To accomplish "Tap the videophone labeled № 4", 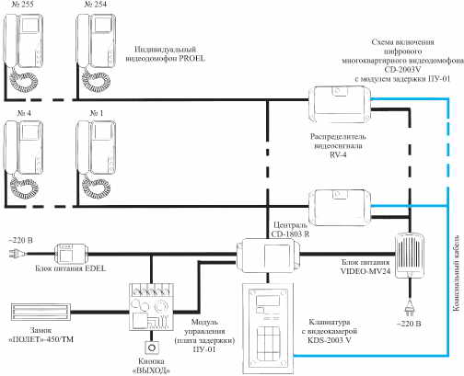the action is point(23,159).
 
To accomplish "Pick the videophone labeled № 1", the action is point(96,159).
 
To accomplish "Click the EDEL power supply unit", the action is point(71,254).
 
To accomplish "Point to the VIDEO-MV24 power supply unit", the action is point(410,256).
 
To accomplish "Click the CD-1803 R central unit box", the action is point(268,255).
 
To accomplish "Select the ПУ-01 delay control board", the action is point(151,306).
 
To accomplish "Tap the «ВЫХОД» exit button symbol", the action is point(152,348).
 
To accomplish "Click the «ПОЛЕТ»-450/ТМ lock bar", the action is point(41,312).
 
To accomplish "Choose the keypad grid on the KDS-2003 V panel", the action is point(269,344).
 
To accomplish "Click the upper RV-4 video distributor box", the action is point(340,105).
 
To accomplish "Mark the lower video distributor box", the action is point(340,208).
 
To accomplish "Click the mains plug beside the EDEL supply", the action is point(16,254).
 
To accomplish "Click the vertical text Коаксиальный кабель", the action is point(456,273).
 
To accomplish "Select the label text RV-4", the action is point(338,154).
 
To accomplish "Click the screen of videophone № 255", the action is point(30,25).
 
